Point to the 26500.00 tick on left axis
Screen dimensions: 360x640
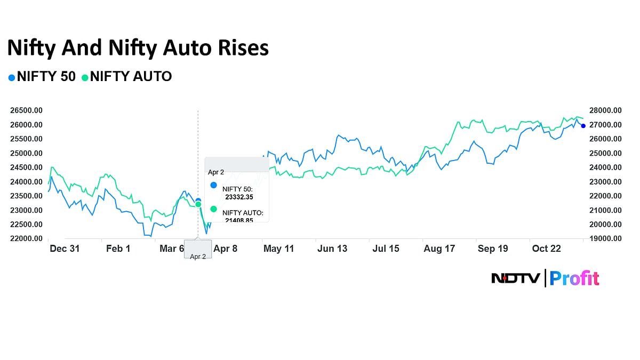coord(26,110)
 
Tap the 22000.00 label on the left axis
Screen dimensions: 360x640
coord(26,238)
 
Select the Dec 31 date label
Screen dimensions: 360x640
coord(65,249)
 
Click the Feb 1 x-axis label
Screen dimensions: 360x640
coord(118,249)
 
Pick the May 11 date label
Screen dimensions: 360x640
coord(279,249)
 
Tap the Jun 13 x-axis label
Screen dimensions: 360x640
coord(332,249)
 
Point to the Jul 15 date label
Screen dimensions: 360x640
coord(386,249)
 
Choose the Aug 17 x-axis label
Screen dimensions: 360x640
coord(439,249)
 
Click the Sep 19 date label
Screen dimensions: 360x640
coord(492,249)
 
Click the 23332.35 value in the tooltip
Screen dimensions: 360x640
coord(239,197)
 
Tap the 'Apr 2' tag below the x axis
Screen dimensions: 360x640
coord(198,257)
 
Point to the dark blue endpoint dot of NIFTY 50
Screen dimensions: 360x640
coord(583,126)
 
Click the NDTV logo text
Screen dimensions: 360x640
coord(515,278)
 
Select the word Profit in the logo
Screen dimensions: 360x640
coord(574,278)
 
